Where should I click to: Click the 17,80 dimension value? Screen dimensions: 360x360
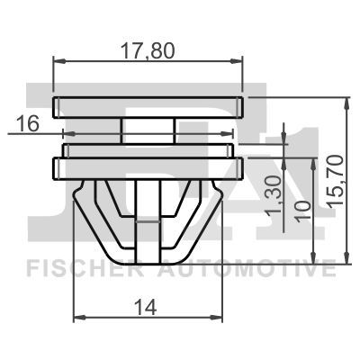tap(148, 51)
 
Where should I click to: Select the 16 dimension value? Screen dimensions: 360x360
tap(28, 124)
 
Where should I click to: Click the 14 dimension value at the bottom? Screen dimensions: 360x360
tap(148, 307)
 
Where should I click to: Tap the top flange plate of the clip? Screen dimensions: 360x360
tap(148, 106)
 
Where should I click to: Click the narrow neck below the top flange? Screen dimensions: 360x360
tap(148, 128)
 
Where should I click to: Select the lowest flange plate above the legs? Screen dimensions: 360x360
tap(148, 166)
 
